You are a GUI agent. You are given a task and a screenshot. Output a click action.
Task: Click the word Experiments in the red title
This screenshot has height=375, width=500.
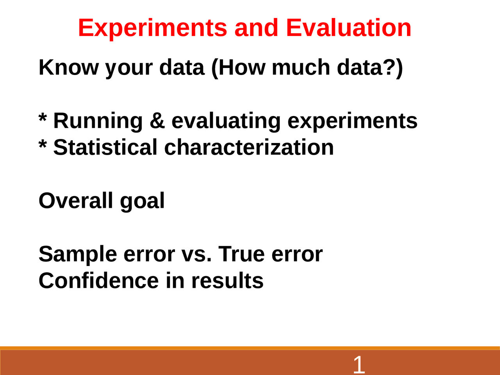153,29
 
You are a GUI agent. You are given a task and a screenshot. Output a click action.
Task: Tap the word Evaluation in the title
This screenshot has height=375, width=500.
349,28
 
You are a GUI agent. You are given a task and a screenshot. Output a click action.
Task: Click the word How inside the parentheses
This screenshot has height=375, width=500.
242,67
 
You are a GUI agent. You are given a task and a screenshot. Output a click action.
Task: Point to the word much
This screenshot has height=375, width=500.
301,67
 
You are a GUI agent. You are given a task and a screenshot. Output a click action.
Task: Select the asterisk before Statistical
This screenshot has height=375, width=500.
43,143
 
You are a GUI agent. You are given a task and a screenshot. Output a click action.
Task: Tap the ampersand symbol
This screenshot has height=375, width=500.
157,121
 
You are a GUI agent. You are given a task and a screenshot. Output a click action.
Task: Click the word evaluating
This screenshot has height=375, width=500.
226,122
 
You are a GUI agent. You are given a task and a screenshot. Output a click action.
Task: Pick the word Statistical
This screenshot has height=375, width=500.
105,147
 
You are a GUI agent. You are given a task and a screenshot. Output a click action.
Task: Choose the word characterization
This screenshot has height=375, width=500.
249,147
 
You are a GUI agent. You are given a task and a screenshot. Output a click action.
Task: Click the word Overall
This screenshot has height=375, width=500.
76,200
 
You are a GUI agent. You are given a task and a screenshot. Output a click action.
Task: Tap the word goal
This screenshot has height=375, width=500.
142,202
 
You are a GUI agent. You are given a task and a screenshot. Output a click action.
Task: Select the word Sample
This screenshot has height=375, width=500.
78,255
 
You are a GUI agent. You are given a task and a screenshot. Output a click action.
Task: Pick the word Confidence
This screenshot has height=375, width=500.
99,280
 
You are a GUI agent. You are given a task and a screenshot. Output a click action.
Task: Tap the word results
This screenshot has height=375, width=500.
227,280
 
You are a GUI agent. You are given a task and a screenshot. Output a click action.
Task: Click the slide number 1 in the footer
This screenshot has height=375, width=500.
359,364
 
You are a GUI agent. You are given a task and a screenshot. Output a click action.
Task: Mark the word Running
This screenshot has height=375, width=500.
98,122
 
